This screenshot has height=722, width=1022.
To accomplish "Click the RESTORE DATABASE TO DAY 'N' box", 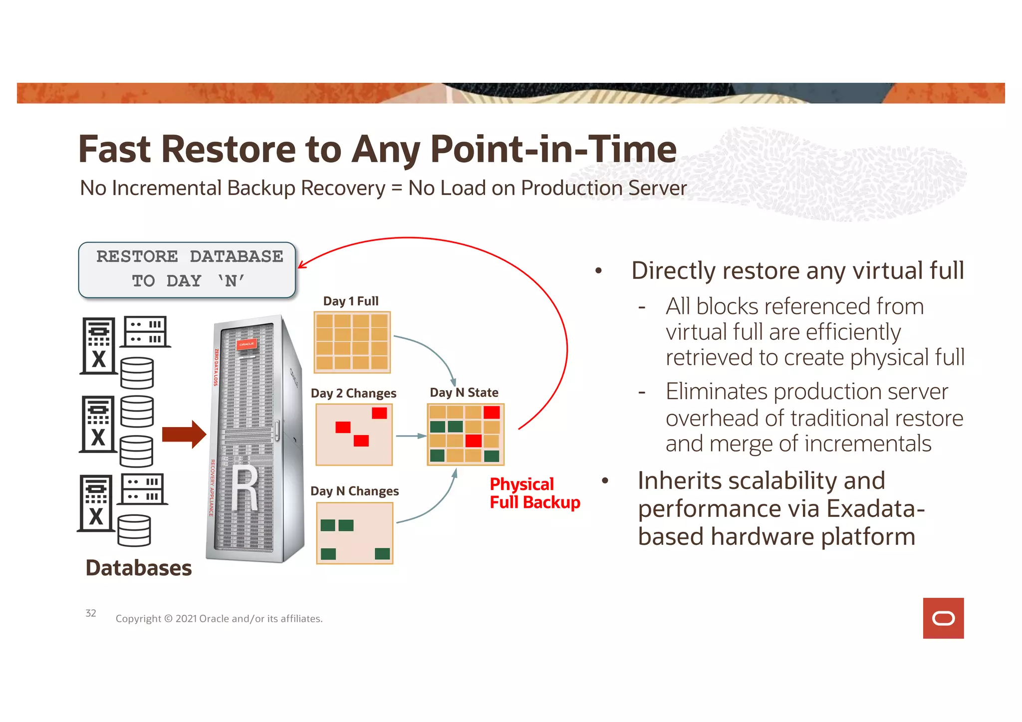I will [187, 270].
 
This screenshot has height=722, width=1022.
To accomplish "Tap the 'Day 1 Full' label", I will [351, 301].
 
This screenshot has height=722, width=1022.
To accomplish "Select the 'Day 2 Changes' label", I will [353, 394].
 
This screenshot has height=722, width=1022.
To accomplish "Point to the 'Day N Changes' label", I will [354, 491].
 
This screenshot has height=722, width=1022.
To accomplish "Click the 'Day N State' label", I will [464, 393].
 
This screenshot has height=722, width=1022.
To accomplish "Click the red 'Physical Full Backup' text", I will [534, 493].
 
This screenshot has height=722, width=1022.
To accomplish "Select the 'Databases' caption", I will [139, 568].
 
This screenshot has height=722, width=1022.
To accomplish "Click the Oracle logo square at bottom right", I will [943, 618].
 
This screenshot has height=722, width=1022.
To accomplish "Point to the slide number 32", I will [91, 613].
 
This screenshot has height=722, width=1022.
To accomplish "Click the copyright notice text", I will [219, 619].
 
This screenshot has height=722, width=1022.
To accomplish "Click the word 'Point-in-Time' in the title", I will [553, 149].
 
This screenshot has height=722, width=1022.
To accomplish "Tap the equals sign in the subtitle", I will [397, 189].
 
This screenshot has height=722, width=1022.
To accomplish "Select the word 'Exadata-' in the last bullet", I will [876, 509].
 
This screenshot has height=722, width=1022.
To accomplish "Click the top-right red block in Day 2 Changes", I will [379, 413].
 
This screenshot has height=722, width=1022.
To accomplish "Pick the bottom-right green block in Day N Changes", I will [382, 553].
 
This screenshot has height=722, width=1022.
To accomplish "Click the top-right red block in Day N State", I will [492, 412].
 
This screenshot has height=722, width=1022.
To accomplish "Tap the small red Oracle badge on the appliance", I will [247, 344].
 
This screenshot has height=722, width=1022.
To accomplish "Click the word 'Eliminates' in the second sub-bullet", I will [716, 392].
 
